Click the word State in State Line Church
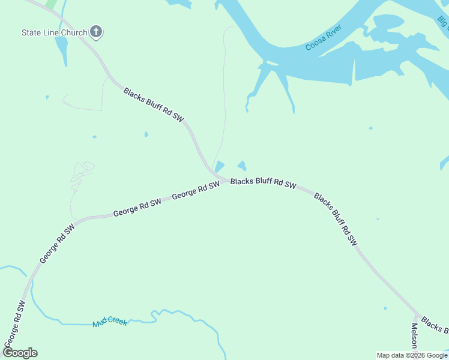32,32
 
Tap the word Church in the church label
73,32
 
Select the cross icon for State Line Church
96,32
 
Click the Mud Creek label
110,323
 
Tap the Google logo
20,352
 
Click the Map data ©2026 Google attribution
412,355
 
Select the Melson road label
414,338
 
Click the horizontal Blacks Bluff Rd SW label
264,183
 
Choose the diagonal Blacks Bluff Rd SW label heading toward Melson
336,219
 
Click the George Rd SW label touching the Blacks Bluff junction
196,191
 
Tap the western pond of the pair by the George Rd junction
220,166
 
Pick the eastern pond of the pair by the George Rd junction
242,165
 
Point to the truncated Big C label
443,22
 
